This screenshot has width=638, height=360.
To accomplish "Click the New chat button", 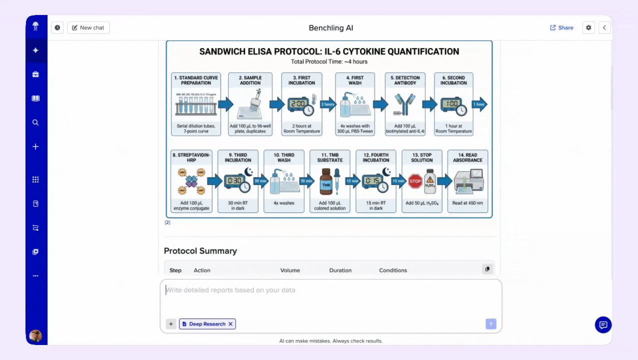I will pos(88,28).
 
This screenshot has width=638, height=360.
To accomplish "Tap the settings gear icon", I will pos(588,28).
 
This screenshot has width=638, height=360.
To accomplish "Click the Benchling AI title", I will pos(331,28).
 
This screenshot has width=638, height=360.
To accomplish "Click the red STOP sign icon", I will pos(415,181).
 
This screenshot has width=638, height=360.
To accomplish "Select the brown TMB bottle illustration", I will pos(325,182).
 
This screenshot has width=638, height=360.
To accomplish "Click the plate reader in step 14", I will pos(468,181).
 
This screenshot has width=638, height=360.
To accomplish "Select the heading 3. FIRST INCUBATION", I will pos(301,80).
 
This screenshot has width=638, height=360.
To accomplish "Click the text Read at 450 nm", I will pos(467,203).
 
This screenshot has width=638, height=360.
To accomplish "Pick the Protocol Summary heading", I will pos(200,251).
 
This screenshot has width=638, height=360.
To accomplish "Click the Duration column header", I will pos(340,270).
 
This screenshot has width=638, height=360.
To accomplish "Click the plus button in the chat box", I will pos(171,324).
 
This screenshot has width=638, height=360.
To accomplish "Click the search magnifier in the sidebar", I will pos(35,122).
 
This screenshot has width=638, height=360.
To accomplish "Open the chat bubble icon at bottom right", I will pos(603,325).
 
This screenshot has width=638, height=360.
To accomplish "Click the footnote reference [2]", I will pos(167,222).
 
